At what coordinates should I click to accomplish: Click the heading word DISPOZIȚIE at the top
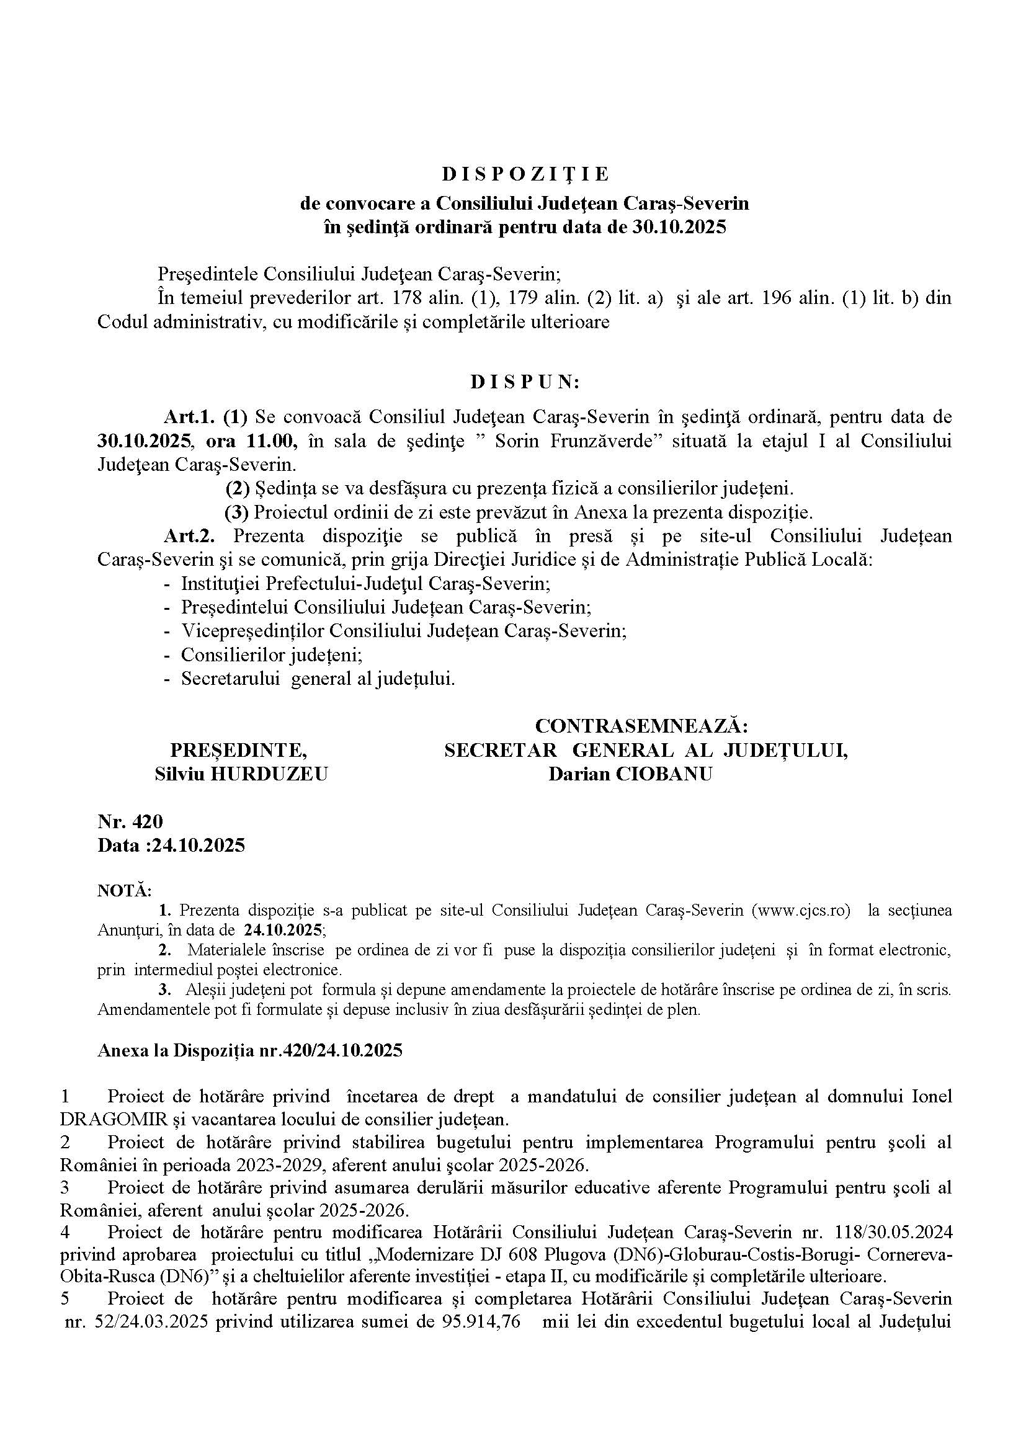tap(525, 174)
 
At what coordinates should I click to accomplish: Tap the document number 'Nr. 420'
tap(130, 821)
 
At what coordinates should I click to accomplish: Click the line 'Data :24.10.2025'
tap(171, 846)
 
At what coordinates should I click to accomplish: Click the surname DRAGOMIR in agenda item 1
tap(114, 1120)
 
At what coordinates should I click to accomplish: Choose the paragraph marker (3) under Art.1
tap(238, 512)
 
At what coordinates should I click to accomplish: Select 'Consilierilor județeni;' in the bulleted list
tap(272, 654)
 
